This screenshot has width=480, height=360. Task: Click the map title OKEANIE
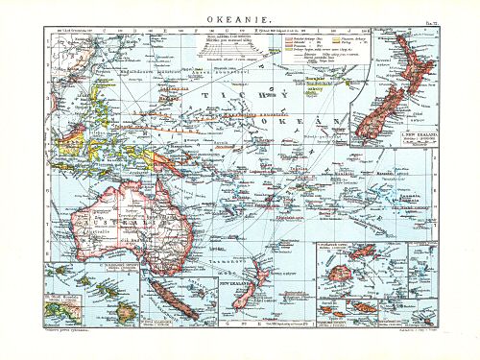(238, 17)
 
